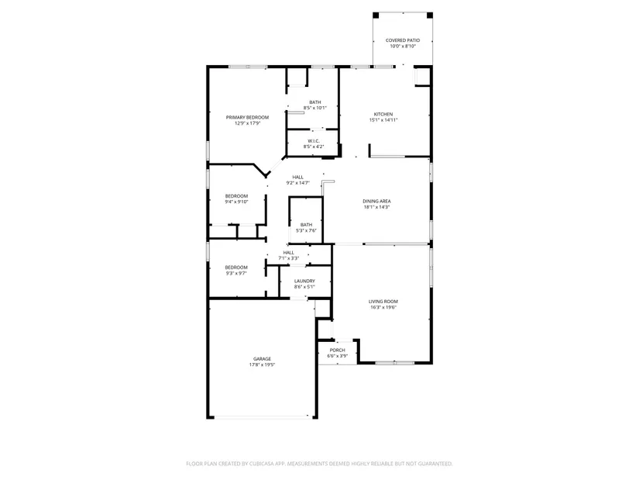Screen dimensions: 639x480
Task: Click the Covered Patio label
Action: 403,40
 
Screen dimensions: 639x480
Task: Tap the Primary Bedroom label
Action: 247,118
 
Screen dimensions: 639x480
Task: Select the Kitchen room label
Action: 383,114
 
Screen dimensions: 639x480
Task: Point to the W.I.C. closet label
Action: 314,141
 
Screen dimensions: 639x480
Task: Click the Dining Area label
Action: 377,201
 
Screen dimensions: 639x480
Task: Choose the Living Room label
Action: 383,302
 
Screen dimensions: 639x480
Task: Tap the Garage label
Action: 262,359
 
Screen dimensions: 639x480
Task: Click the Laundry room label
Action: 305,281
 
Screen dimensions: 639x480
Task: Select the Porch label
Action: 338,351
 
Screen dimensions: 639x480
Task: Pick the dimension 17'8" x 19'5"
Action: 262,365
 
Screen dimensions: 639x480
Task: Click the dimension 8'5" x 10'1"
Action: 315,108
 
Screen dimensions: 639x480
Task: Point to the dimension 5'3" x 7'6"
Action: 306,230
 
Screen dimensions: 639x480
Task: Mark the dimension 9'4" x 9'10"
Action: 236,202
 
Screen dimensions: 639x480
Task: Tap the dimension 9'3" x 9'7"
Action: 236,274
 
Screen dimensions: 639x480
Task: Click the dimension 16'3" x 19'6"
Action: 383,307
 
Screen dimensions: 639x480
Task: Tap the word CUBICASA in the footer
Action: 263,464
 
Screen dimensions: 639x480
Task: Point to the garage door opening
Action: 262,417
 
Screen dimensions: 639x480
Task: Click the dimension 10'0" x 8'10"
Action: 403,46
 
